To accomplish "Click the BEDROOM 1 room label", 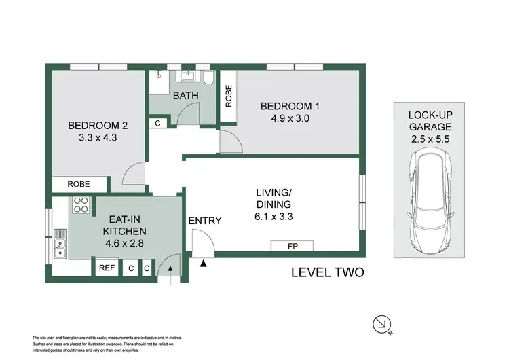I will click(290, 106).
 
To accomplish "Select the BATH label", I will click(185, 96).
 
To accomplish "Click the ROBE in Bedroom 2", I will click(80, 184).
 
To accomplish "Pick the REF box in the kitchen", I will click(107, 268).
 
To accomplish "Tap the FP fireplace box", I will click(292, 246).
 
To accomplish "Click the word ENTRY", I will click(205, 220).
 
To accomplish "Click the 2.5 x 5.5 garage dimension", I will click(430, 138).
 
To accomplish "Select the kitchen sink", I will click(60, 245).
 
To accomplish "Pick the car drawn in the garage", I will click(430, 202).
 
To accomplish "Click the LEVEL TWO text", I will click(327, 273).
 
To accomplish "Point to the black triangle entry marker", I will click(202, 264).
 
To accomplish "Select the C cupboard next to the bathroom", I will click(157, 124).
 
